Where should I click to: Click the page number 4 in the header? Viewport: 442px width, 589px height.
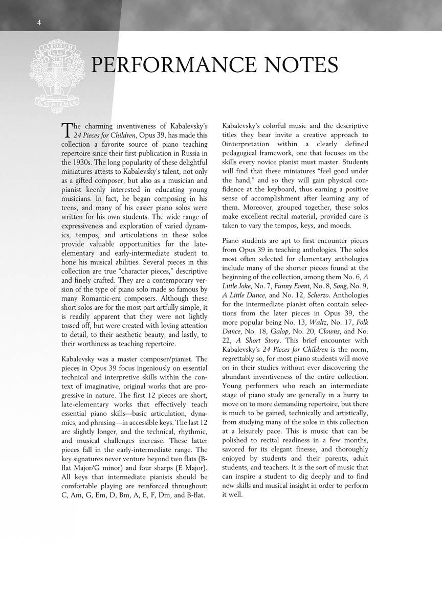[39, 22]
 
